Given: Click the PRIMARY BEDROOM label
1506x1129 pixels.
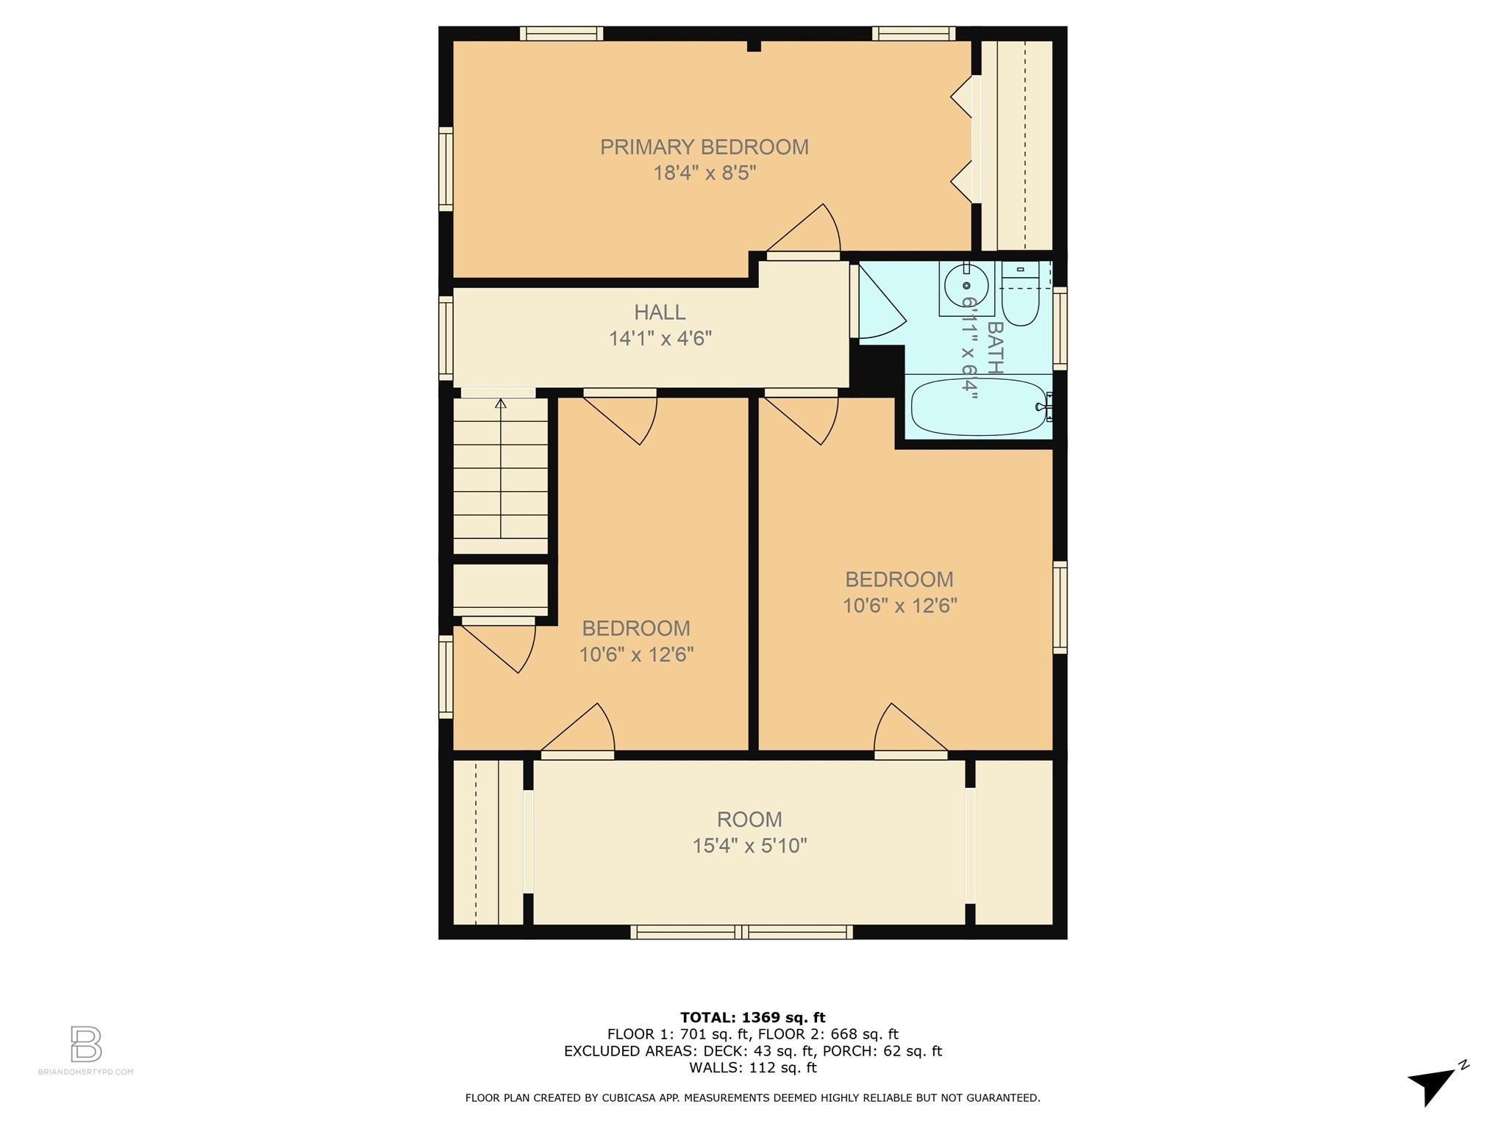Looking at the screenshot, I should click(704, 147).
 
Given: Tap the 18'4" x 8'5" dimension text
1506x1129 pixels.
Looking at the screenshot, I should click(704, 173).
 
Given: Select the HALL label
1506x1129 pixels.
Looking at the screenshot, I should click(660, 312).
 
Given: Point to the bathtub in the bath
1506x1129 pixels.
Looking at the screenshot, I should click(978, 406).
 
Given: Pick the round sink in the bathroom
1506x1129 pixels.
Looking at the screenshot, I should click(966, 286).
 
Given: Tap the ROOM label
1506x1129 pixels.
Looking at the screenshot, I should click(749, 820).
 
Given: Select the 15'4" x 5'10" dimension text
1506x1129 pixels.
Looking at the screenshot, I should click(749, 846).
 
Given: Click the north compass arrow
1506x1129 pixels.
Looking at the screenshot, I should click(1432, 1085).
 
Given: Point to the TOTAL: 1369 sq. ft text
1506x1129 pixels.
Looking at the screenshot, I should click(752, 1017).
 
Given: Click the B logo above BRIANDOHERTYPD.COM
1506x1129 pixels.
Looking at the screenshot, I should click(86, 1044).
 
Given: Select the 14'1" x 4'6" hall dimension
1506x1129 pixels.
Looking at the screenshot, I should click(660, 339).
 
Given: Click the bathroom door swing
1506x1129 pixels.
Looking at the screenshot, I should click(879, 305).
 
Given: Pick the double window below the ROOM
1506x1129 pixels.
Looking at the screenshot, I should click(741, 932).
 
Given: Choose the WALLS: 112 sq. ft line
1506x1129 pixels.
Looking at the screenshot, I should click(752, 1068).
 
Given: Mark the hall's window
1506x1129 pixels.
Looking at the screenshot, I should click(446, 338).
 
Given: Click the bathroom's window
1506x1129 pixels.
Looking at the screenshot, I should click(1060, 328).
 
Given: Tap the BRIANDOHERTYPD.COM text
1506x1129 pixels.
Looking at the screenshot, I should click(86, 1072).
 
